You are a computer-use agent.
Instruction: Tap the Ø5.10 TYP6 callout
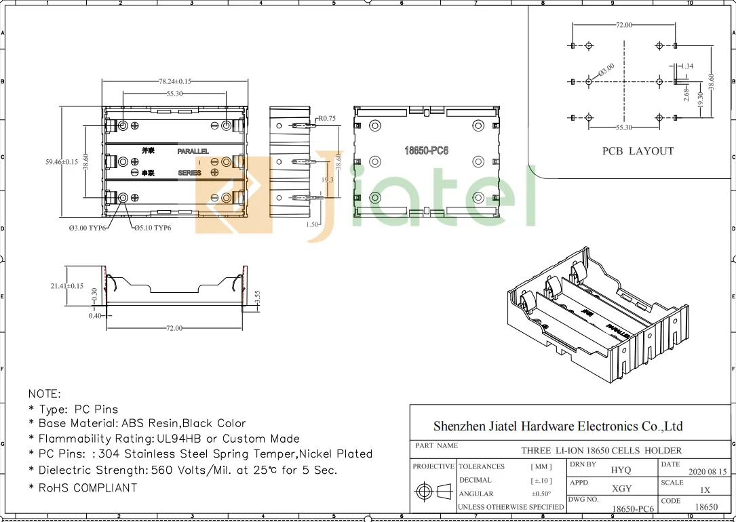152,228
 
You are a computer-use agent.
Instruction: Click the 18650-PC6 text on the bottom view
427,150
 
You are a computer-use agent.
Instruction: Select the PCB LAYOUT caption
638,151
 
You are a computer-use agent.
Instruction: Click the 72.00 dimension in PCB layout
623,25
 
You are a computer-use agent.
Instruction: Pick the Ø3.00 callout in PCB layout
606,70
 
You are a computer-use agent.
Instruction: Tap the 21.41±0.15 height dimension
67,286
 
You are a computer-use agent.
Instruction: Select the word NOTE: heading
45,394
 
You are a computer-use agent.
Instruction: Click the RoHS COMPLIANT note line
83,487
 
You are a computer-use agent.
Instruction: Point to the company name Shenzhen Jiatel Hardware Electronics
558,426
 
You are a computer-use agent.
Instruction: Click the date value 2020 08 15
707,471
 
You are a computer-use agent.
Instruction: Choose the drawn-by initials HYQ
620,470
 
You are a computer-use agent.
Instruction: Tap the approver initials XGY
621,488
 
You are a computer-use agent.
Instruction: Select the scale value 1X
705,489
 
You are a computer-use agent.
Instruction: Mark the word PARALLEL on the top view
193,151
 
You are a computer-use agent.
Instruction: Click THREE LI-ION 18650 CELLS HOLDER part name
601,450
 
